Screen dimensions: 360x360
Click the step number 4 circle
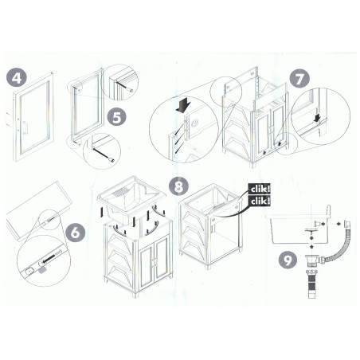pos(17,78)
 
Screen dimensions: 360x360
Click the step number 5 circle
pos(117,118)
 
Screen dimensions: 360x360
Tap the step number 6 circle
pos(76,233)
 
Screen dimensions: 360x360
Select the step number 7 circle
pos(299,79)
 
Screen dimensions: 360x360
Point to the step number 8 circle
pos(179,186)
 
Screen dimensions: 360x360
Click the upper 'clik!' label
pos(260,189)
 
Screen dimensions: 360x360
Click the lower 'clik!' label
pos(260,201)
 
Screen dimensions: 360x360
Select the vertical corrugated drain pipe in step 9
pos(311,284)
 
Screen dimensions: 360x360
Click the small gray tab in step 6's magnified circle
pos(42,270)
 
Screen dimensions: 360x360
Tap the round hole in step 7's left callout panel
pos(194,123)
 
